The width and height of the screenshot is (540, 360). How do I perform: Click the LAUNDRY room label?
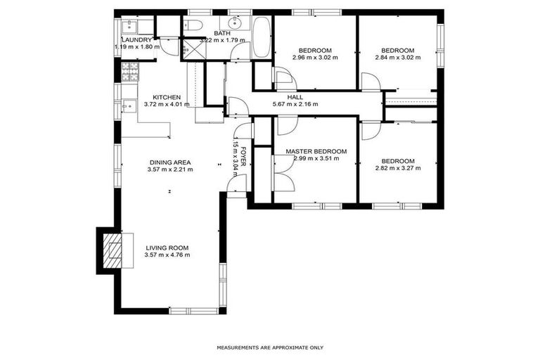click(136, 40)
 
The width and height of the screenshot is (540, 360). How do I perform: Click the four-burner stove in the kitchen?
click(130, 71)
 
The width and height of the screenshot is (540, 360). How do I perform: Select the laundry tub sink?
click(129, 27)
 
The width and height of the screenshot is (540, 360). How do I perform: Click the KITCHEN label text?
click(167, 97)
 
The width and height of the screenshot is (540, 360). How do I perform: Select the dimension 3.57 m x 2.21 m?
click(169, 169)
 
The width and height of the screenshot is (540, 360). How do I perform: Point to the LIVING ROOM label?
click(167, 247)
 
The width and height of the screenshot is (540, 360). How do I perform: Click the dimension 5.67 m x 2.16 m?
click(295, 104)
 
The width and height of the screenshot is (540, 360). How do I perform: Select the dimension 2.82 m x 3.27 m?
click(397, 169)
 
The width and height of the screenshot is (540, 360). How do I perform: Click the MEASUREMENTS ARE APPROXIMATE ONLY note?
click(270, 347)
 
